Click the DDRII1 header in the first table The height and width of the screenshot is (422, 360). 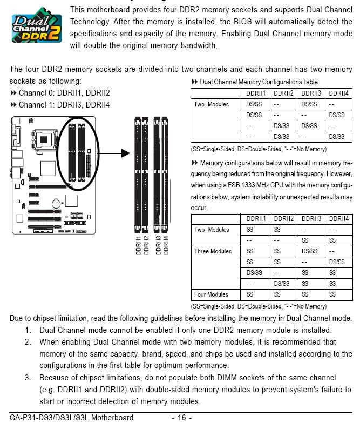tap(256, 93)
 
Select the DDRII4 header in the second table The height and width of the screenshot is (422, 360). tap(339, 219)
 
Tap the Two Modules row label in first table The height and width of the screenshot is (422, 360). tap(212, 104)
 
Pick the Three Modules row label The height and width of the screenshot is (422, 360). tap(213, 251)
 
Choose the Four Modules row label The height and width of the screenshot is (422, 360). tap(211, 294)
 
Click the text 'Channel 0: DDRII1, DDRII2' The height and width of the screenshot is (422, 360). tap(64, 93)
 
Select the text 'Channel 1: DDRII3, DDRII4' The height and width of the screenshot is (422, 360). tap(64, 105)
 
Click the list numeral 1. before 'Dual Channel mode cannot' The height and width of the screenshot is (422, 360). tap(28, 330)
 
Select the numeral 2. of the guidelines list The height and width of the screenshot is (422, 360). tap(28, 342)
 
